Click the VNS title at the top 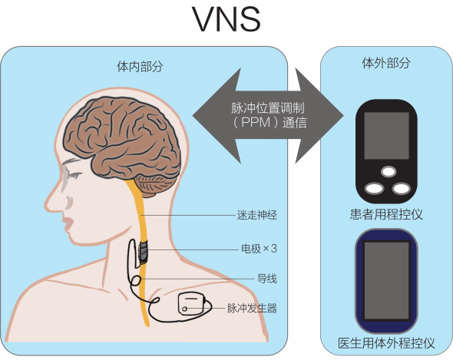[226, 19]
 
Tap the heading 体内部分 [140, 67]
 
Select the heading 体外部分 [386, 63]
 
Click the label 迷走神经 [257, 215]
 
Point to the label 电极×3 [259, 249]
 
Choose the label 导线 [267, 279]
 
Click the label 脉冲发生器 [252, 309]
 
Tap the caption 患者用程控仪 [386, 214]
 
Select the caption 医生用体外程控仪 [386, 343]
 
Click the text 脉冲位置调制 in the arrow [267, 108]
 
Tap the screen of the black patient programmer [386, 136]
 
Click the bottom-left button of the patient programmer [375, 188]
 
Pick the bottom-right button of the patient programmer [402, 189]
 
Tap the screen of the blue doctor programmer [386, 280]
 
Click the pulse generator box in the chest [192, 303]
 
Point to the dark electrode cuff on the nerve [143, 253]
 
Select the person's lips [68, 223]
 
